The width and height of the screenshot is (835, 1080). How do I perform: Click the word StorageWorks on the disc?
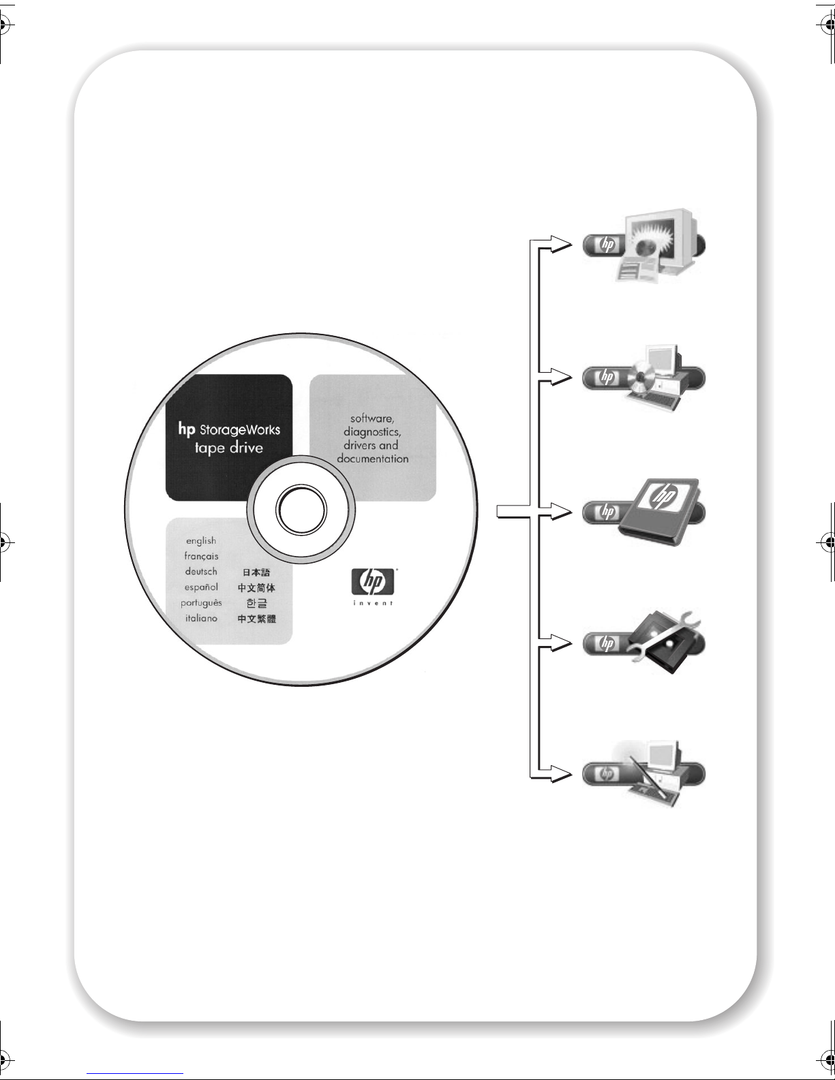click(x=239, y=430)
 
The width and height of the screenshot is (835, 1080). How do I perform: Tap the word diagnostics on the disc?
click(x=371, y=432)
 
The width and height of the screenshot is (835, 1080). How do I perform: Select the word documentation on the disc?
click(x=372, y=459)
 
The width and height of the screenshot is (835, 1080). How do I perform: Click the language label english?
click(x=201, y=540)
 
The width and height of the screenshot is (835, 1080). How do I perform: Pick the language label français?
click(x=201, y=556)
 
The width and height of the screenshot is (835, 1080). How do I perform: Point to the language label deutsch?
click(x=201, y=572)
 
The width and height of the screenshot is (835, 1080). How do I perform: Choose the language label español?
click(x=201, y=587)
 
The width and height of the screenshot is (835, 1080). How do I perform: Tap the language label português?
click(x=201, y=603)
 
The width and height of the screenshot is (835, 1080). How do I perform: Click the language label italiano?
click(x=201, y=618)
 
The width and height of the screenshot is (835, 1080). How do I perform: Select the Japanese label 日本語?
click(x=256, y=572)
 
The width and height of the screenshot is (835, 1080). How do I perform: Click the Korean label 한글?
click(x=256, y=603)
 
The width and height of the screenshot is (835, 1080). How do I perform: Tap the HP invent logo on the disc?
click(x=373, y=585)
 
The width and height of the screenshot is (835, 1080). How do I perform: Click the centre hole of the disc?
click(x=301, y=508)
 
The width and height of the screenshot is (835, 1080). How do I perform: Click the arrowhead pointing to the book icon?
click(x=562, y=511)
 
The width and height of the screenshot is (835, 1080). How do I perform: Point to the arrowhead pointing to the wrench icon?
click(x=562, y=643)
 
